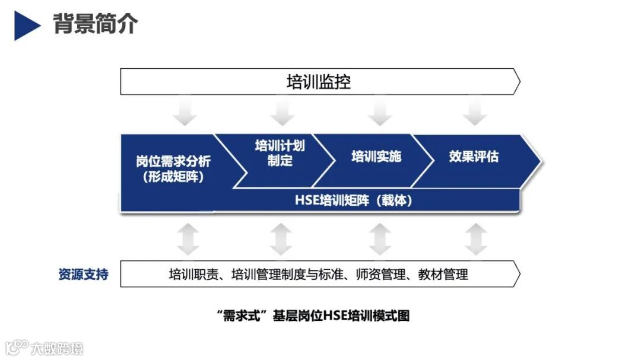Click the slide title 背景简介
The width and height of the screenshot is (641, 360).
coord(96,24)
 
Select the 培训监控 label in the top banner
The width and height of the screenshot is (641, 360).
coord(319,82)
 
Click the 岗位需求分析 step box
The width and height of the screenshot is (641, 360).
coord(173,168)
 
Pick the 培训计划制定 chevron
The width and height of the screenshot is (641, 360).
coord(280,153)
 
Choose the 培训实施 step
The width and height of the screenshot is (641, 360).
coord(376,157)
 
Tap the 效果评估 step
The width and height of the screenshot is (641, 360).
coord(474,157)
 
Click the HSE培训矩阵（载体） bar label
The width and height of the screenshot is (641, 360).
coord(354,200)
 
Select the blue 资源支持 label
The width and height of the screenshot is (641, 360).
coord(83,275)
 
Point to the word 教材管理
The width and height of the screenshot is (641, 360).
coord(443,274)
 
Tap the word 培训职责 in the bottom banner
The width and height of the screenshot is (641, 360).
coord(193,274)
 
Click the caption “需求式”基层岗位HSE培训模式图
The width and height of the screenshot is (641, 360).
coord(313,316)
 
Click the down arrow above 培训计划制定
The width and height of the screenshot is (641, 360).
coord(281,113)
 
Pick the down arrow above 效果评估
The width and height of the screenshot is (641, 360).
coord(474,113)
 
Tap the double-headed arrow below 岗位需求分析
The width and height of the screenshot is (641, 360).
coord(188,239)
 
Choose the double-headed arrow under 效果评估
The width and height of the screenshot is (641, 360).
coord(475,239)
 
